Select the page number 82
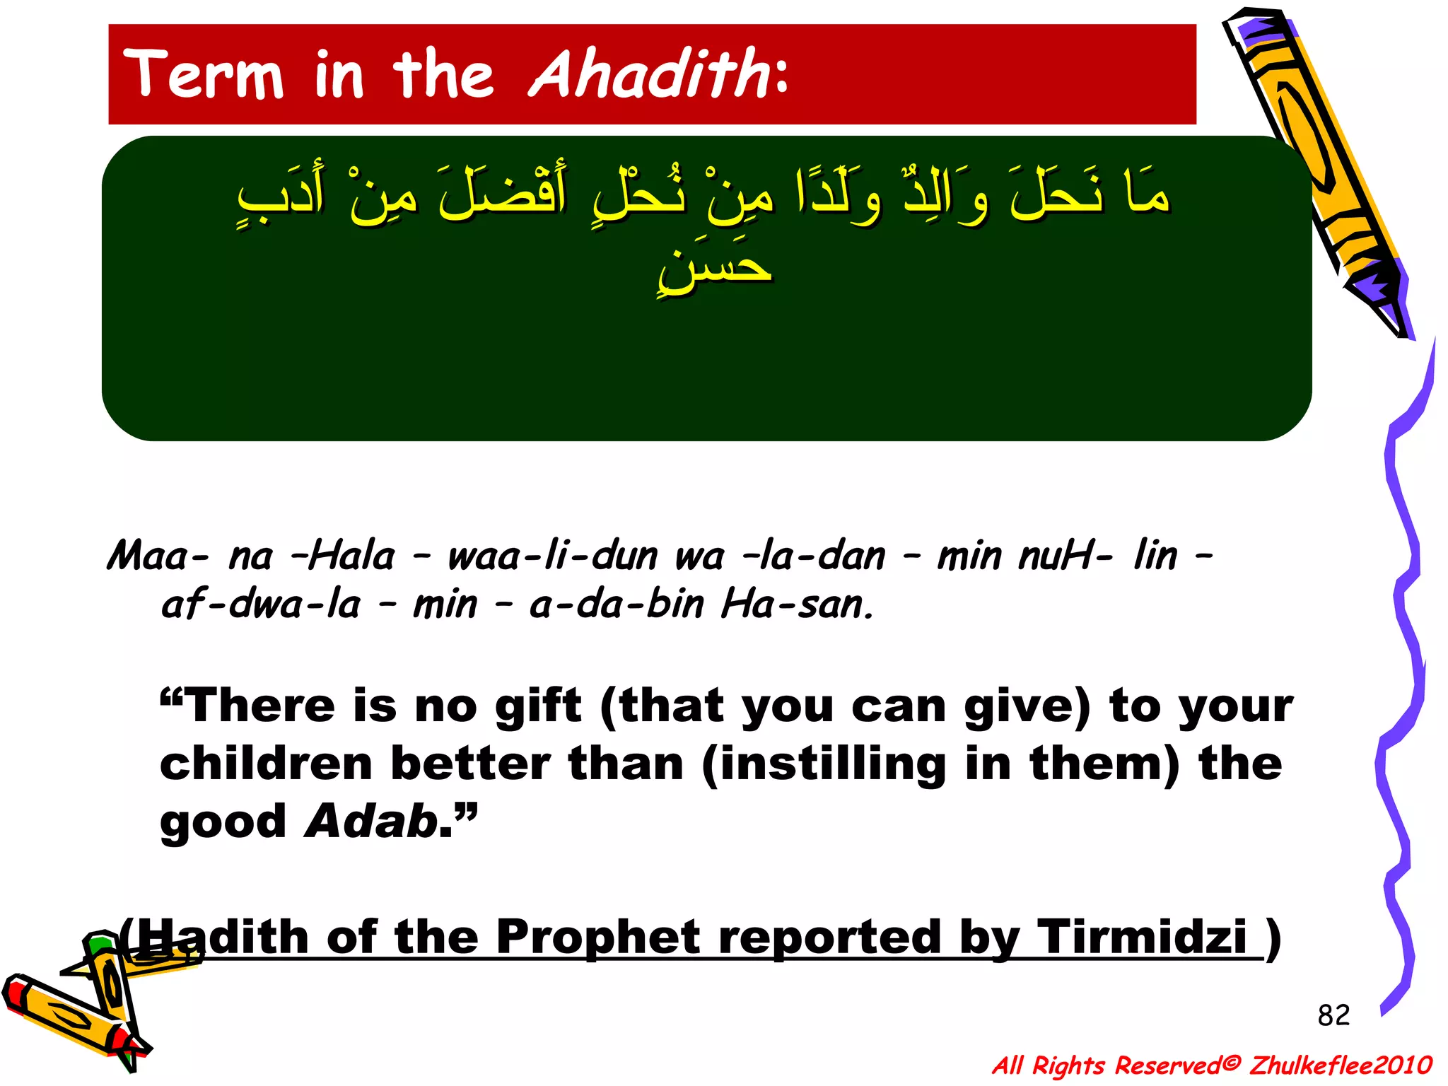[1333, 1015]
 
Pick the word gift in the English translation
[537, 706]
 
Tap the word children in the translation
[266, 764]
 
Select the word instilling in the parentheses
[831, 764]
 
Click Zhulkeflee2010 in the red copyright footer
[1341, 1065]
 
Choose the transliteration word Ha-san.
[798, 605]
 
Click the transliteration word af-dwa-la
[260, 605]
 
